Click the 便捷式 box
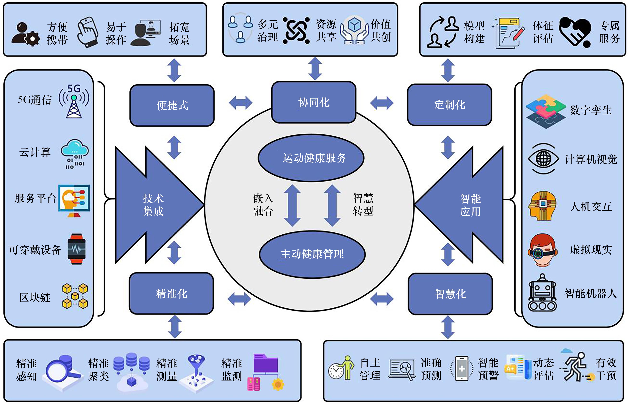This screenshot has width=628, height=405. click(172, 105)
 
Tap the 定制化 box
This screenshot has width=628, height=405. click(449, 105)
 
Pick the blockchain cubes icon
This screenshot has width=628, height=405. click(75, 296)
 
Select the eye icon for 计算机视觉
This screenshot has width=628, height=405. click(543, 159)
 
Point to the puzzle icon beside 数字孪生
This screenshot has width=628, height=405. click(546, 111)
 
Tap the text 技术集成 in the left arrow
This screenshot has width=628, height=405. click(153, 205)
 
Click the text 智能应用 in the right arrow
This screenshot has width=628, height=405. click(470, 205)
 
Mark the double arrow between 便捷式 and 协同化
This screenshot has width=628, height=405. click(240, 103)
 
